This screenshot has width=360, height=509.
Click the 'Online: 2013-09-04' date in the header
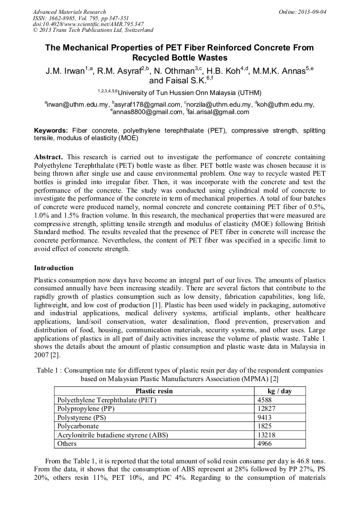click(x=305, y=12)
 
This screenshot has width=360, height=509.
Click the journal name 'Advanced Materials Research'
click(x=70, y=12)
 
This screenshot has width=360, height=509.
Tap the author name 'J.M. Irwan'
click(x=66, y=71)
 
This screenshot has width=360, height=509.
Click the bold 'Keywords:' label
click(x=51, y=131)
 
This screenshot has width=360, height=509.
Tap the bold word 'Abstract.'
click(x=48, y=158)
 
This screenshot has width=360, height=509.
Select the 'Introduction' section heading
click(x=54, y=268)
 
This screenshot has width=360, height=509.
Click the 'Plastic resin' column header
click(x=154, y=391)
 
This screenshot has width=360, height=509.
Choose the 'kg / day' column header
click(x=279, y=391)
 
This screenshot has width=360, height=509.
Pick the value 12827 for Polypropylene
click(x=267, y=409)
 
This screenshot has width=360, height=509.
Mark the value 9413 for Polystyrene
click(x=265, y=417)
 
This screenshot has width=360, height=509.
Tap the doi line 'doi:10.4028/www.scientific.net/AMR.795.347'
click(x=88, y=24)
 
